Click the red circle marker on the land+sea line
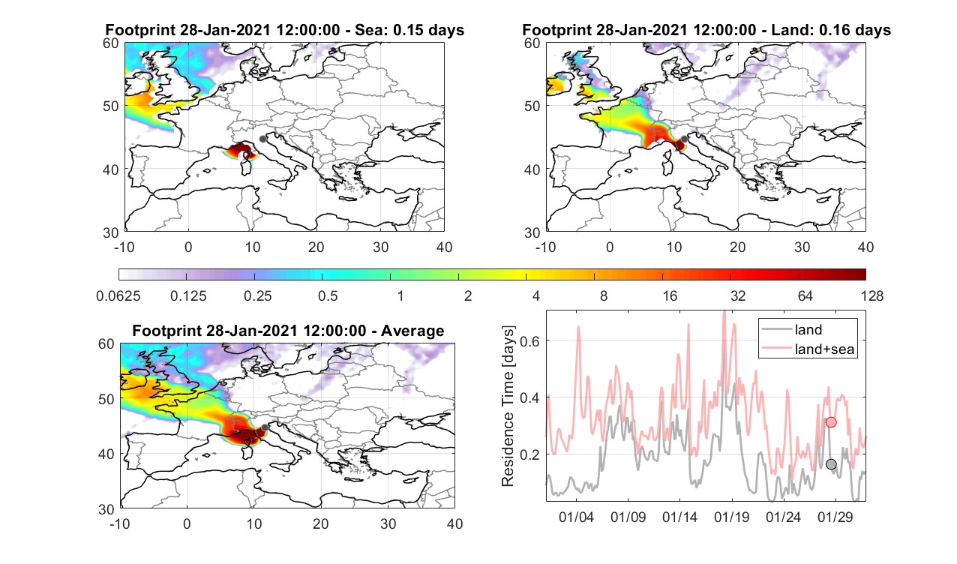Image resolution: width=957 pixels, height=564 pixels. [x=831, y=422]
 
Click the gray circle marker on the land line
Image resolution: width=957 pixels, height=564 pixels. [x=831, y=464]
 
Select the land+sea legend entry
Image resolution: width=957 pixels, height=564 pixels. [x=808, y=349]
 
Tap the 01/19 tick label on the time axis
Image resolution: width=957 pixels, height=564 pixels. [x=731, y=517]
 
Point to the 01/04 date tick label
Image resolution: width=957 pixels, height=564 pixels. [x=576, y=517]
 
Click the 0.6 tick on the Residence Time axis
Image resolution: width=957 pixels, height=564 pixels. [x=530, y=340]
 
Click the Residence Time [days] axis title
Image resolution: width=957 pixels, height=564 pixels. [x=508, y=406]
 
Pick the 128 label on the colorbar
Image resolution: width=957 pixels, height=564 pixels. [x=872, y=295]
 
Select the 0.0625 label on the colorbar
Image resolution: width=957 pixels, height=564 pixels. [x=118, y=295]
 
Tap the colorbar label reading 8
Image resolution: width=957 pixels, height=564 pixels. [x=603, y=295]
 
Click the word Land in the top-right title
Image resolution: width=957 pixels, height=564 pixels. [x=788, y=30]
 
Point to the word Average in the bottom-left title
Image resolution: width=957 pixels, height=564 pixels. [x=412, y=331]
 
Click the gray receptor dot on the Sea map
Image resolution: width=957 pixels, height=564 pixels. [x=262, y=139]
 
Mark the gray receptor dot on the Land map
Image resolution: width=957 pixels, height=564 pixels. [x=685, y=139]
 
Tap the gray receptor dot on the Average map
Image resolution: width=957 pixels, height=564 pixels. [x=265, y=427]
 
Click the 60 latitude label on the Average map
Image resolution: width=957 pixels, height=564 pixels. [x=106, y=344]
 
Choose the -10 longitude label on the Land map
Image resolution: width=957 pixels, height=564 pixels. [x=546, y=247]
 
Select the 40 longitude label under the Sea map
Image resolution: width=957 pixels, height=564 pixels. [x=444, y=247]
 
